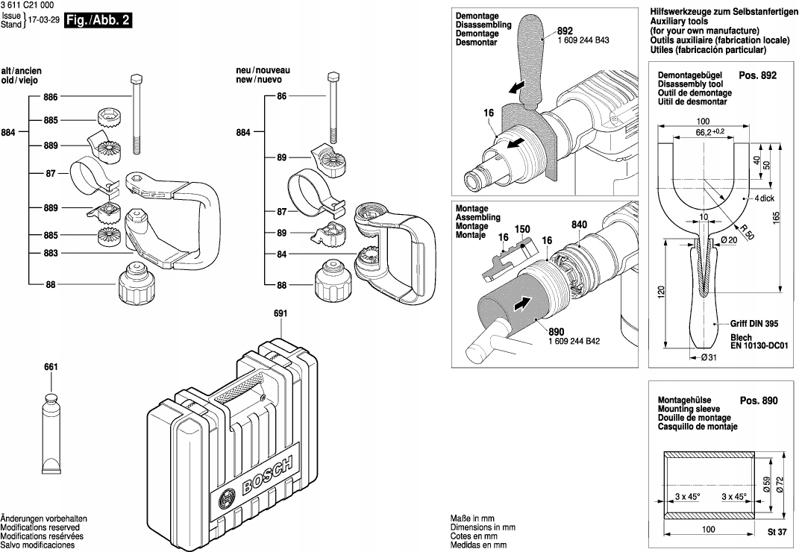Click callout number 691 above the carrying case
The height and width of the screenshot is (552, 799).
tap(280, 314)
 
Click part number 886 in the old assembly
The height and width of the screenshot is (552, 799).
tap(51, 96)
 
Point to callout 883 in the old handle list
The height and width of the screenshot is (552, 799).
tap(51, 254)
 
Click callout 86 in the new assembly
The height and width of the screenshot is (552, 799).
tap(282, 96)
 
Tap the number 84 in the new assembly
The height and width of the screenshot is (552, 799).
tap(282, 254)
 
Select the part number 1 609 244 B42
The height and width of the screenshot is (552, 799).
tap(575, 341)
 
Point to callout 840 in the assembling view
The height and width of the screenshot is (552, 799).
tap(580, 225)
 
